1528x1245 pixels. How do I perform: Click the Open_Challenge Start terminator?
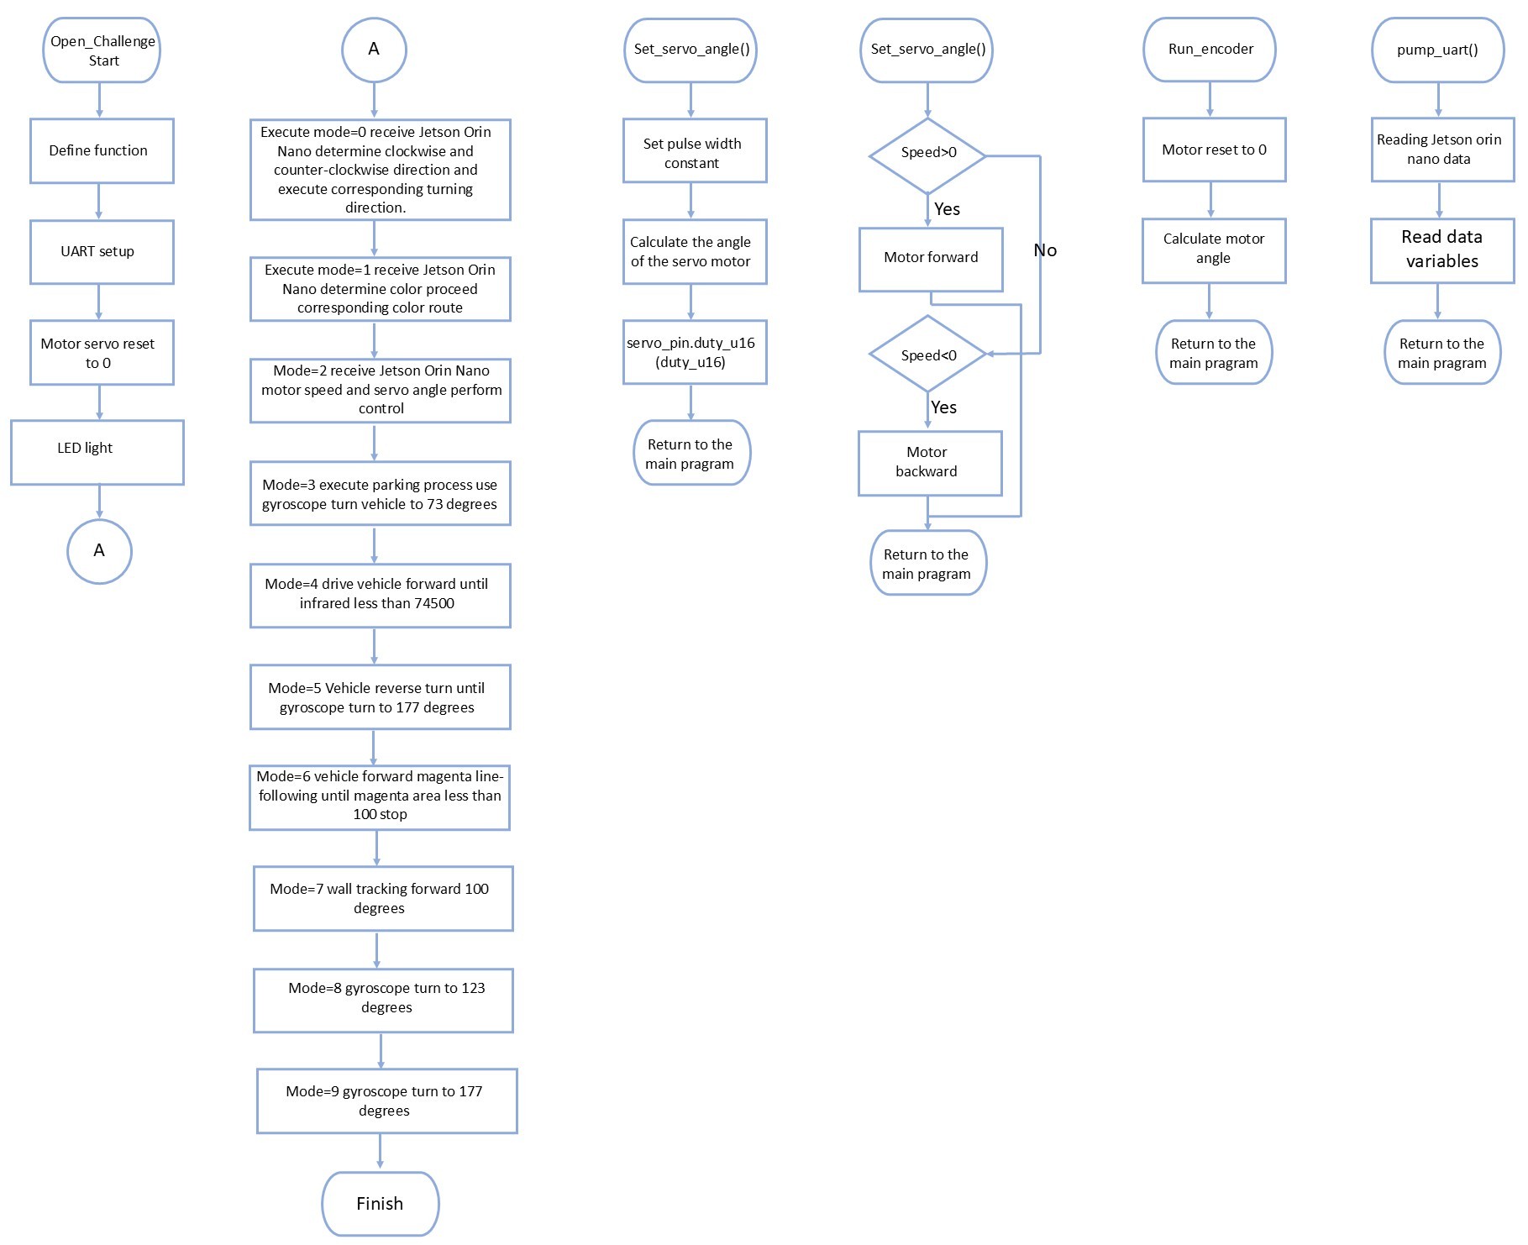point(101,50)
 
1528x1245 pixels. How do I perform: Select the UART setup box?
point(102,252)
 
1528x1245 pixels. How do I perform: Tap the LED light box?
point(97,453)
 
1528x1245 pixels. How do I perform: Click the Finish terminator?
point(381,1204)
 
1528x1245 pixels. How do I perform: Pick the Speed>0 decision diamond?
point(927,155)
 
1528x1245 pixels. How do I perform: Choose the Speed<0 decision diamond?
point(927,355)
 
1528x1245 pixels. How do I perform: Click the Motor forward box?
point(931,260)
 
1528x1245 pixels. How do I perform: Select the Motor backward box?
point(930,464)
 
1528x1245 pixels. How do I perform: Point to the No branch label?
point(1045,250)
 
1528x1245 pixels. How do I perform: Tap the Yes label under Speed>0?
point(947,209)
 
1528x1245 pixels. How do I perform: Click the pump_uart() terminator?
point(1438,50)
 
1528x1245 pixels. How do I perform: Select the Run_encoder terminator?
point(1210,50)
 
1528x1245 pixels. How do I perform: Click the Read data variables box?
point(1442,250)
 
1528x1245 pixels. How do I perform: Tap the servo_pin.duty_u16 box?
point(695,352)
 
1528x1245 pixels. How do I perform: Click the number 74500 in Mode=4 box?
point(434,603)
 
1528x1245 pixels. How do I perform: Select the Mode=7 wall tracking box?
point(383,899)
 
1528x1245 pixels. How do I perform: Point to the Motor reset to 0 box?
point(1214,150)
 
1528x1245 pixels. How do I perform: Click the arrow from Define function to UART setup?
point(99,202)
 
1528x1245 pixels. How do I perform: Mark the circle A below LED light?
point(99,552)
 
